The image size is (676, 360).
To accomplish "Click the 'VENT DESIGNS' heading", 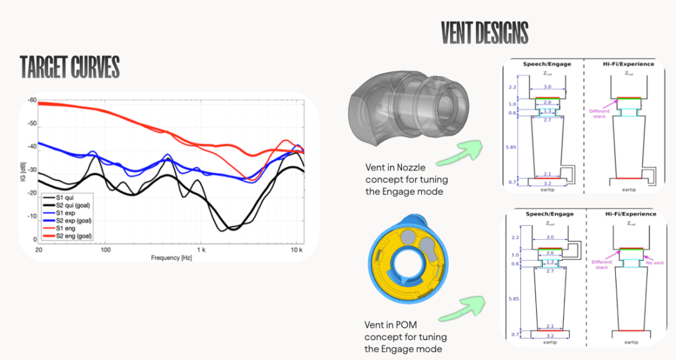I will (x=484, y=32).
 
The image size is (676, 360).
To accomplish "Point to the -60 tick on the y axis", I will (x=30, y=100).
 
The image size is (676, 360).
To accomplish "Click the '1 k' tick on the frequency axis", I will (x=201, y=250).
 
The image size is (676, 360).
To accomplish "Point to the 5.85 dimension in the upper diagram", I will (x=512, y=147).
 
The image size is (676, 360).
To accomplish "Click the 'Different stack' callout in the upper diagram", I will (x=599, y=114).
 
